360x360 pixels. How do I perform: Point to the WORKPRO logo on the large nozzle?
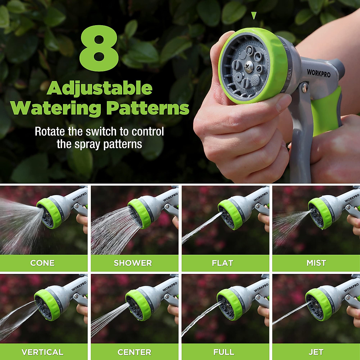319,73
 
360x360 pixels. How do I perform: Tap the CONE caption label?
42,263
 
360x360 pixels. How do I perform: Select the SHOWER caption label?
133,263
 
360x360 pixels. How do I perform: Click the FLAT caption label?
222,263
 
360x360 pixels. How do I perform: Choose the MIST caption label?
316,263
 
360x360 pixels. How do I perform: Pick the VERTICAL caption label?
42,352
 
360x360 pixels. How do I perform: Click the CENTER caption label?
134,352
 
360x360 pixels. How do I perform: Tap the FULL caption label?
224,352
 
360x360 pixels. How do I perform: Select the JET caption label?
316,352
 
